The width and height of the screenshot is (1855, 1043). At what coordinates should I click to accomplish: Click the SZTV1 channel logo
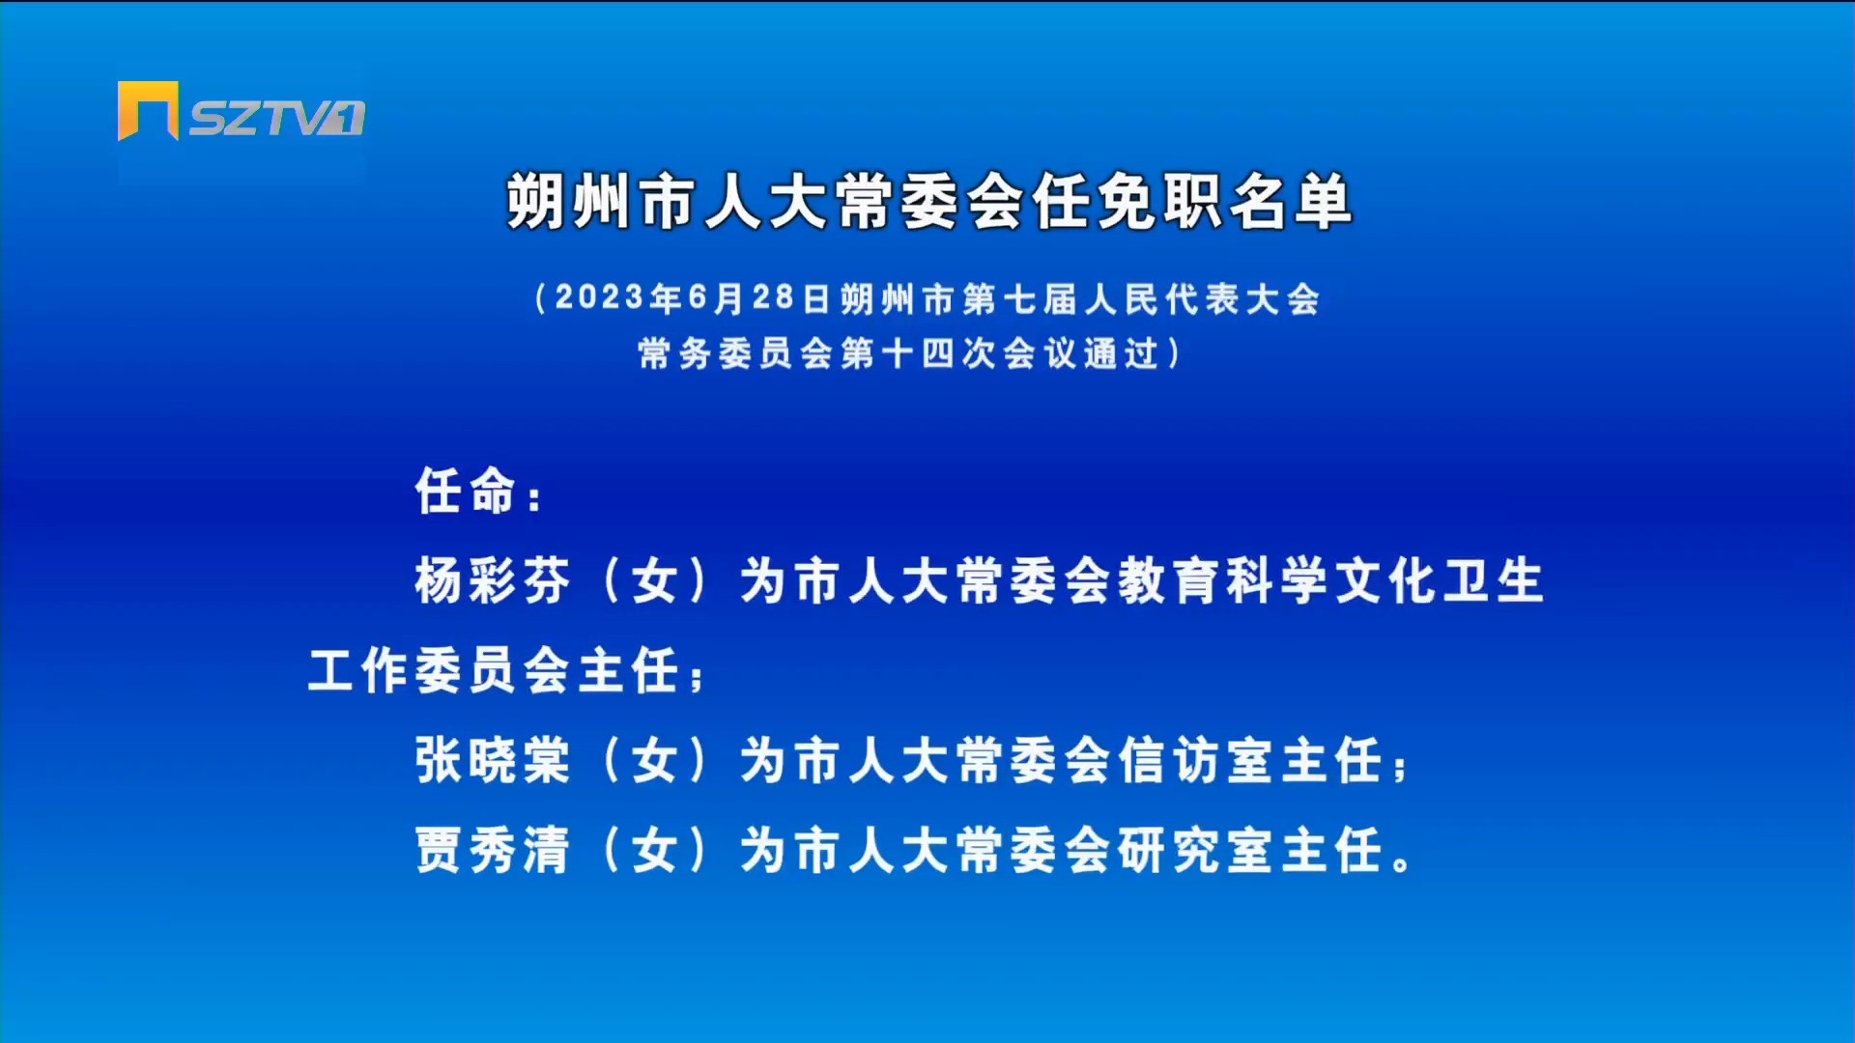[242, 112]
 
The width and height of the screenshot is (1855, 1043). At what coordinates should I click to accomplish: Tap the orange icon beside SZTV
[148, 111]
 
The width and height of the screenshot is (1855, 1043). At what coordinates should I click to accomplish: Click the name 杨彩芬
[493, 580]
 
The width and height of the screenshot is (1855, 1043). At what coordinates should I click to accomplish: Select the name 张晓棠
[493, 760]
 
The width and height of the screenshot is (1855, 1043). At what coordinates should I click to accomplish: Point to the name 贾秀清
[493, 850]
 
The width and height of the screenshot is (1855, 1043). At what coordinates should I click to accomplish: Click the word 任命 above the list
[466, 491]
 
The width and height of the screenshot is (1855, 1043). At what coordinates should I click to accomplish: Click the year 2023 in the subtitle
[600, 297]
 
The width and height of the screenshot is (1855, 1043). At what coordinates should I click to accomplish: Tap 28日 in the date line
[791, 297]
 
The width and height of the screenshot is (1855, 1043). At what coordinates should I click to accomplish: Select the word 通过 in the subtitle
[1122, 353]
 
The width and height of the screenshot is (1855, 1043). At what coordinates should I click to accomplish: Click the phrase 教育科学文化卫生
[1331, 580]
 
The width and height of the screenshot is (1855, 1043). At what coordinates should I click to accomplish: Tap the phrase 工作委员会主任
[494, 670]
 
